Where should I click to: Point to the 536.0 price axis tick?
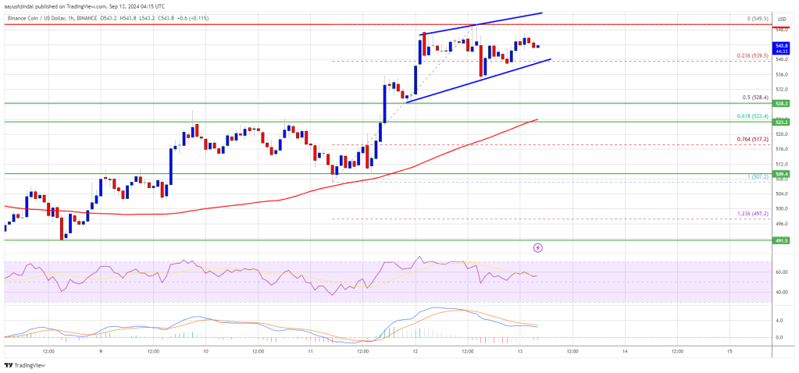[x=780, y=75]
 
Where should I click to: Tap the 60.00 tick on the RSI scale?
[x=780, y=272]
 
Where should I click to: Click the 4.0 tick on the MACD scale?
[x=779, y=321]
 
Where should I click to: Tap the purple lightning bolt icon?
[x=538, y=248]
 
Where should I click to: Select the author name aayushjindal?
[x=23, y=4]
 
